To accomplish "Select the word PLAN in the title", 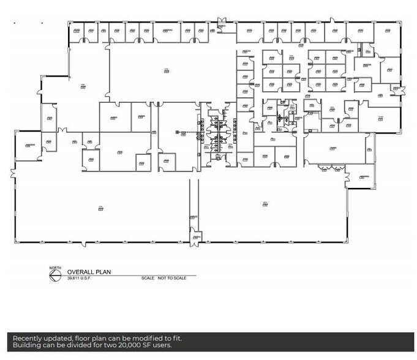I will pos(103,273).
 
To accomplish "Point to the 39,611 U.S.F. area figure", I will pos(78,279).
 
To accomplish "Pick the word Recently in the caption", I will pos(31,338).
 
